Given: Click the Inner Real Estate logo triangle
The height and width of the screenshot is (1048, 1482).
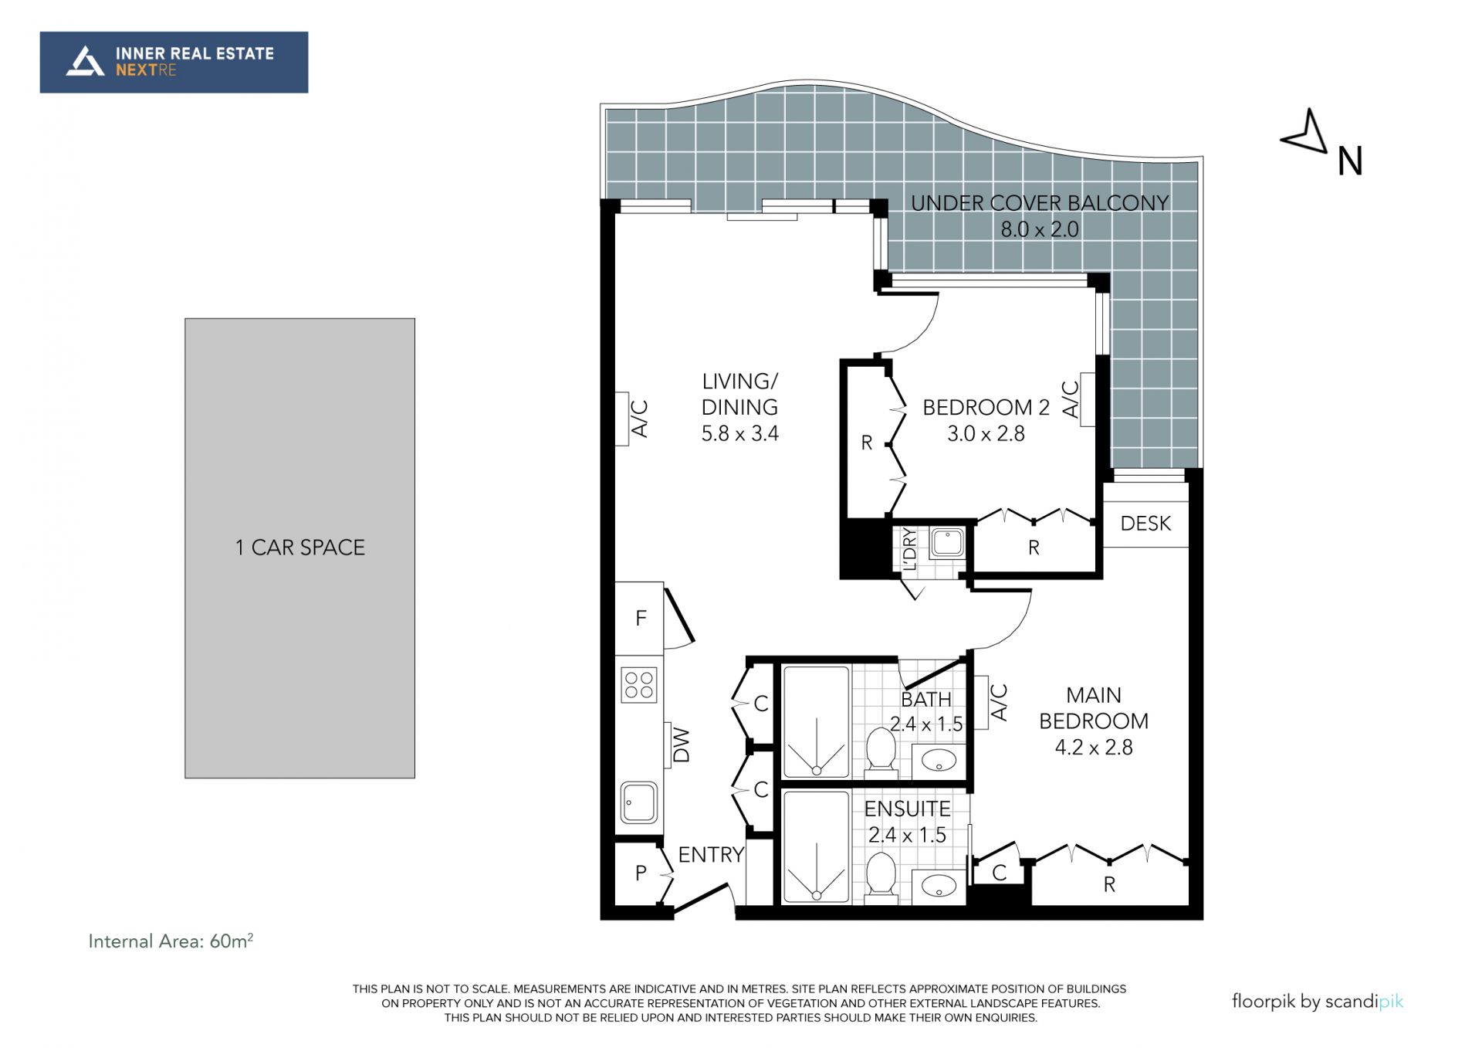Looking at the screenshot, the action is [86, 62].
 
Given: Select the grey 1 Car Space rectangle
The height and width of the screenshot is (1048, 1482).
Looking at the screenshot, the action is [299, 548].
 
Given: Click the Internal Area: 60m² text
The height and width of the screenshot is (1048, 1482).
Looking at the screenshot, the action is [171, 941].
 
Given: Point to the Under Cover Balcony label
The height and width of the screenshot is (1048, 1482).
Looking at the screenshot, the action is [1040, 215].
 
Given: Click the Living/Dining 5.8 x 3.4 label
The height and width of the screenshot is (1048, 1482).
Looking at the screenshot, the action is [739, 407].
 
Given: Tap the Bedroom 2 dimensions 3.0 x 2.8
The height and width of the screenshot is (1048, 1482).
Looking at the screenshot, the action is [986, 434].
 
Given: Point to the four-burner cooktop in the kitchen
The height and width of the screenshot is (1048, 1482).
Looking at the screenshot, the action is [639, 685].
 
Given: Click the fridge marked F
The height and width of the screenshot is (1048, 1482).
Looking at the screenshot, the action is [639, 618].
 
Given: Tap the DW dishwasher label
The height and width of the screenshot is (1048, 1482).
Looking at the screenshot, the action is [681, 745].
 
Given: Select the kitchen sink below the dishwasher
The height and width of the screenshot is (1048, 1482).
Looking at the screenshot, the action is [639, 803].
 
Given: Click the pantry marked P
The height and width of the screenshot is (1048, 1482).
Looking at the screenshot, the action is [641, 873].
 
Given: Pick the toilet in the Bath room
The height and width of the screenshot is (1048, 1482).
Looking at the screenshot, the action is [880, 749].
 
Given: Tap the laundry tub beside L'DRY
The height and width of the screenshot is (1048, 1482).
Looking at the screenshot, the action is [947, 542].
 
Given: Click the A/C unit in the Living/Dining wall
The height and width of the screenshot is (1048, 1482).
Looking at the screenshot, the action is [621, 419].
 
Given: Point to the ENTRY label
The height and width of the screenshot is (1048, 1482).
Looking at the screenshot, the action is [711, 855].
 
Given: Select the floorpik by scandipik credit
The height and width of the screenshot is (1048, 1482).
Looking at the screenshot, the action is [1318, 1002].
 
